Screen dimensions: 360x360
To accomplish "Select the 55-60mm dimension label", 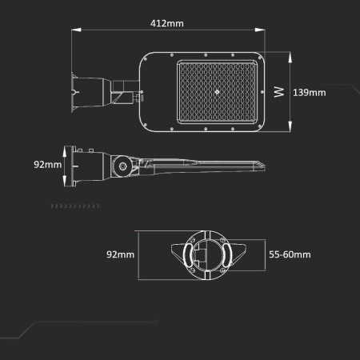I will [x=290, y=254].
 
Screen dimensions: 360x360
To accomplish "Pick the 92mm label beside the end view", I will [x=121, y=254].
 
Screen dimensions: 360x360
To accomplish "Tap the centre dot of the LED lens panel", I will [x=217, y=93].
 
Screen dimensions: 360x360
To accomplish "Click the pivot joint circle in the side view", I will [x=122, y=166].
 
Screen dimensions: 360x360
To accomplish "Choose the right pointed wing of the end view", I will [x=234, y=257].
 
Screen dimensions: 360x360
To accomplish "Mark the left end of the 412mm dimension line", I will [x=72, y=30].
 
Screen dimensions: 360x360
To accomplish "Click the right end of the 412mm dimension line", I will [x=265, y=30].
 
